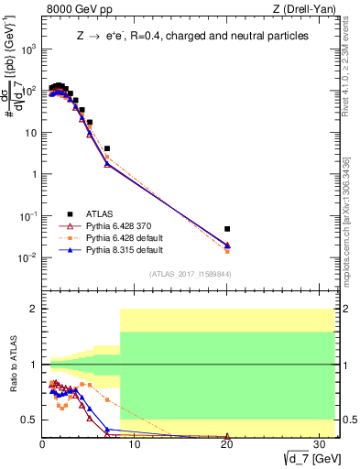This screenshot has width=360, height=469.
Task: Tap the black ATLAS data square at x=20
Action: (x=227, y=229)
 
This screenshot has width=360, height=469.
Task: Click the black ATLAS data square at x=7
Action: (x=107, y=147)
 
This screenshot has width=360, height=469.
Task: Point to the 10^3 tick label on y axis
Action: (x=29, y=49)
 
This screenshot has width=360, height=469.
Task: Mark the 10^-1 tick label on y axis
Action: (x=29, y=216)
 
